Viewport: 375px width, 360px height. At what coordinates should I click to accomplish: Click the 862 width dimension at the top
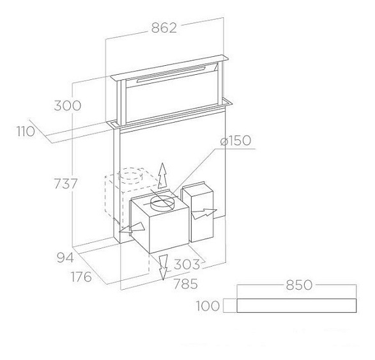[x=164, y=27]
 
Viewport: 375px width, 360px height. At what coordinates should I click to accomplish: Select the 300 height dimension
[x=68, y=106]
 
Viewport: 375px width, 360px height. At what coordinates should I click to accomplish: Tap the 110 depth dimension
[x=26, y=132]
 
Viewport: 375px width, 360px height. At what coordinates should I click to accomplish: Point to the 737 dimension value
[x=66, y=184]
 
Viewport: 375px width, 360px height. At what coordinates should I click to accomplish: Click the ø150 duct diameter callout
[x=236, y=140]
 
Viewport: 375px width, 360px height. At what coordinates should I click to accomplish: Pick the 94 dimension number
[x=65, y=258]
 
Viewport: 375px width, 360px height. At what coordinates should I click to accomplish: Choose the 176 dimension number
[x=81, y=277]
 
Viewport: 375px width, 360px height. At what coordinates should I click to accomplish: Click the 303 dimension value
[x=187, y=264]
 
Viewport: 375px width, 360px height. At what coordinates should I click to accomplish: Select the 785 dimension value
[x=186, y=284]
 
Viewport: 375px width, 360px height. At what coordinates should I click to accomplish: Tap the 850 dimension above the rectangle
[x=300, y=285]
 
